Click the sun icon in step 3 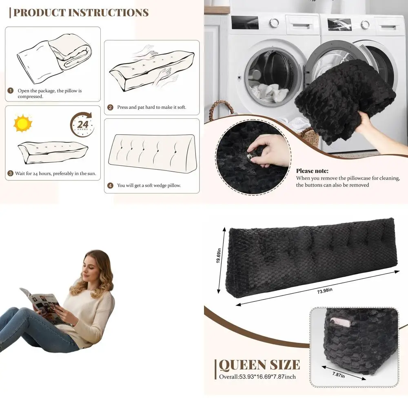point(23,124)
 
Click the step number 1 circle point(11,91)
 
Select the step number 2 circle point(110,107)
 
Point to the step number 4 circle point(110,185)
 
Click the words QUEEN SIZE point(259,364)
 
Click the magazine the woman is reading point(41,303)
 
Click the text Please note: point(312,171)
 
